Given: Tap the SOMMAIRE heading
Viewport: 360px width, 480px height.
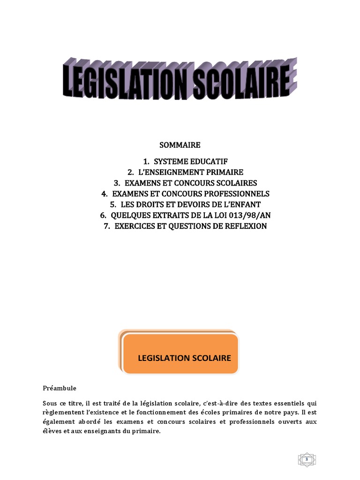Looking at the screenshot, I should click(180, 145).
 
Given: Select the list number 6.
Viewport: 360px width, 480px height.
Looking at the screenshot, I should click(103, 215).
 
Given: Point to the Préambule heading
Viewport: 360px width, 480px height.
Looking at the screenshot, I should click(59, 389).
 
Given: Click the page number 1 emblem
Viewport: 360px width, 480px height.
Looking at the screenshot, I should click(307, 446).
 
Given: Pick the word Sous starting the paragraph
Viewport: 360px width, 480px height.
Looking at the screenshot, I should click(50, 403).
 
